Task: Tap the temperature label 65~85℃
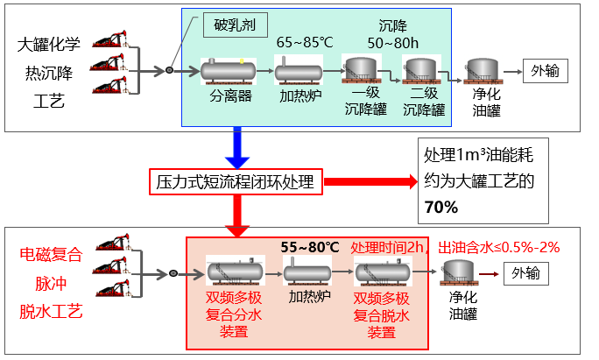(x=303, y=43)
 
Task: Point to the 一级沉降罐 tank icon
(x=359, y=69)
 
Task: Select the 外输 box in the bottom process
(x=527, y=273)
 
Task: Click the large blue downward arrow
(x=238, y=148)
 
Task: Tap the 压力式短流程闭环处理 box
(x=234, y=183)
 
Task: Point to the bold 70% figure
(x=440, y=208)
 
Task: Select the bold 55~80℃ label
(x=308, y=248)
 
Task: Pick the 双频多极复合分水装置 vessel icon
(x=229, y=272)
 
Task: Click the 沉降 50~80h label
(x=393, y=34)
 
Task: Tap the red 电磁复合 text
(x=50, y=256)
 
